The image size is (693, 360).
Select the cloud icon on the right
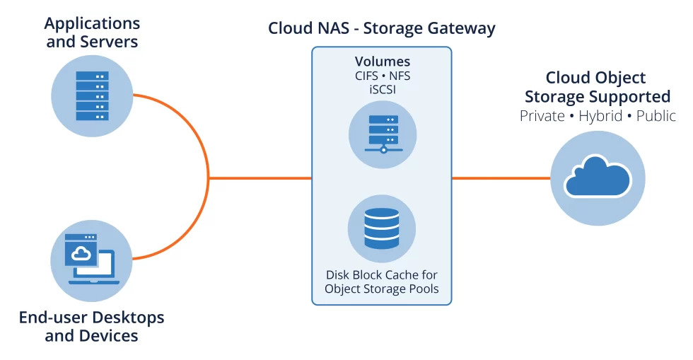[x=598, y=177]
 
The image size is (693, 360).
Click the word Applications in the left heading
[x=92, y=23]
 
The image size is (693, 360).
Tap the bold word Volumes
[x=382, y=62]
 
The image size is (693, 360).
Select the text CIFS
[x=365, y=76]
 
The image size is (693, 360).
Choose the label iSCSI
[x=382, y=89]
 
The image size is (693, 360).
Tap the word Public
[x=656, y=116]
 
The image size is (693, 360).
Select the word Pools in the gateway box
[x=422, y=289]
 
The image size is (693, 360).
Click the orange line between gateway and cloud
[x=501, y=178]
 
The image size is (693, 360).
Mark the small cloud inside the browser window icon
[x=83, y=253]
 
